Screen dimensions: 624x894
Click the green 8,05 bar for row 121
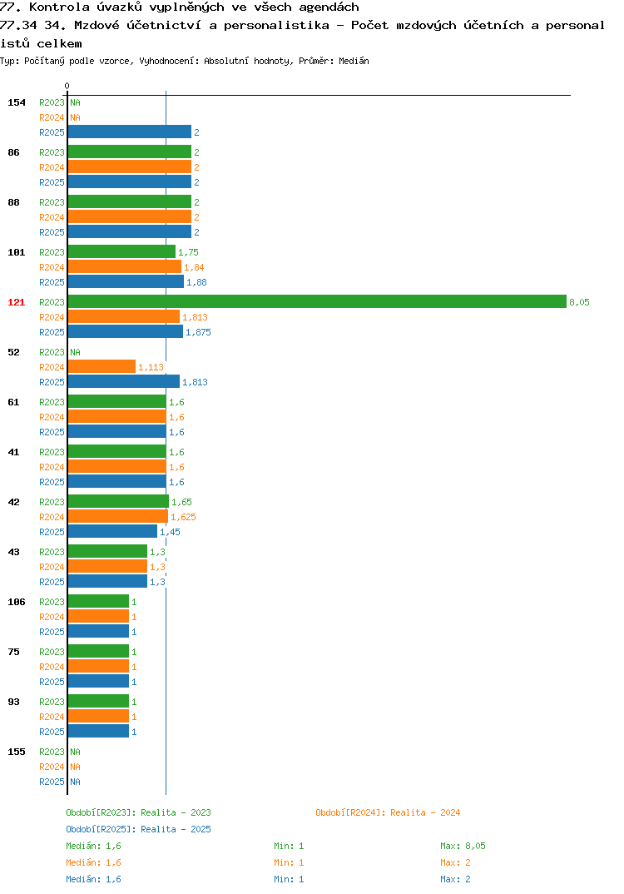(317, 301)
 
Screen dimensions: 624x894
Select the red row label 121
(17, 302)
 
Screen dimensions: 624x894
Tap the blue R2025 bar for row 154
(129, 132)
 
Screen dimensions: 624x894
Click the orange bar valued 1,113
(102, 366)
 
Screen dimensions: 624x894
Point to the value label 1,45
(170, 532)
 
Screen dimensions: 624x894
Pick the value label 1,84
(194, 267)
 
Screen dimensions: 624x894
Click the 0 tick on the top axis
(67, 86)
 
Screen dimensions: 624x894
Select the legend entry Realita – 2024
(388, 812)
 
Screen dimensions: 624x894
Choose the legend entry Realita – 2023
(138, 812)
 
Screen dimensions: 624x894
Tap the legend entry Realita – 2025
(138, 829)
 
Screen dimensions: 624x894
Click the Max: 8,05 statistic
(463, 846)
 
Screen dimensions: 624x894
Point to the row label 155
(17, 752)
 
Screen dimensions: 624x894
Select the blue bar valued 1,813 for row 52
(124, 381)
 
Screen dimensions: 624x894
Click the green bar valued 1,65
(118, 501)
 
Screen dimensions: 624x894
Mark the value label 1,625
(184, 517)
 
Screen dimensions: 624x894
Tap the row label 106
(17, 602)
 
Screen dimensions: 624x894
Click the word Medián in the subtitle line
(354, 61)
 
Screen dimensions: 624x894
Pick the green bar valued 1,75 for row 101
(121, 251)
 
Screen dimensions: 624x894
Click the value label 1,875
(198, 332)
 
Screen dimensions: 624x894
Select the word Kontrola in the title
(59, 7)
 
